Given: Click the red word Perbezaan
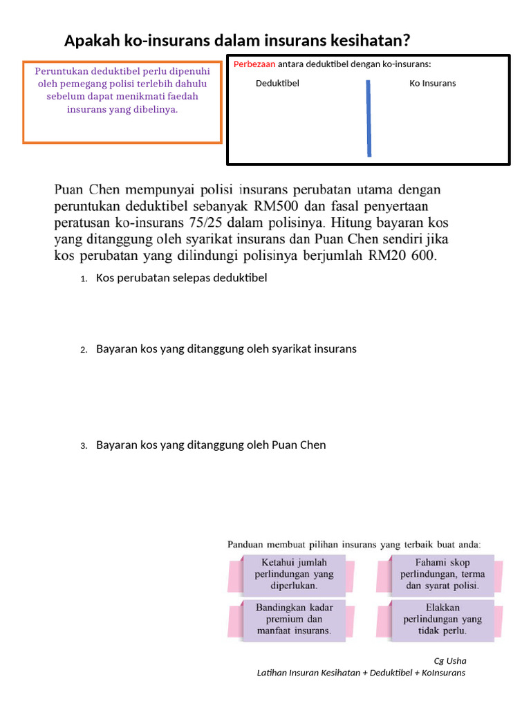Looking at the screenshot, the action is (x=254, y=64).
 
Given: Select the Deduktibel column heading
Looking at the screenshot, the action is (x=277, y=83).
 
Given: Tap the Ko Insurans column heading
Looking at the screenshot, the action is (x=433, y=83).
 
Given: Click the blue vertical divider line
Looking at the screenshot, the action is (x=369, y=118).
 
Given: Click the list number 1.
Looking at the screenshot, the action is (x=83, y=279).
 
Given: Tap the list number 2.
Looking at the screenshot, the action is (x=83, y=350).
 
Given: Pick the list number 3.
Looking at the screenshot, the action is (x=83, y=446).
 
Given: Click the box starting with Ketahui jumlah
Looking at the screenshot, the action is (x=295, y=574).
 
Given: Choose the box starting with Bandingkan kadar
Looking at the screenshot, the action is (x=295, y=619).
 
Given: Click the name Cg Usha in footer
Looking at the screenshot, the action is (x=450, y=660).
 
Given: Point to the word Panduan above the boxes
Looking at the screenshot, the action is (x=248, y=545).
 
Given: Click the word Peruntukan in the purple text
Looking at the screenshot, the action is (x=63, y=71).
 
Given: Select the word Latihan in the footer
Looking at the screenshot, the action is (x=272, y=673).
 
